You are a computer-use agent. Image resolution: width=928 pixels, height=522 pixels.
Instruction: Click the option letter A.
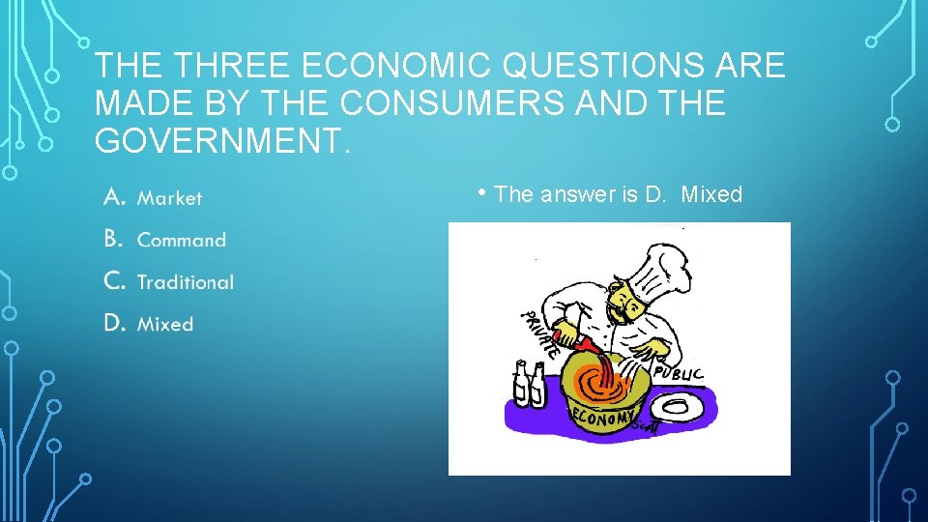coord(113,197)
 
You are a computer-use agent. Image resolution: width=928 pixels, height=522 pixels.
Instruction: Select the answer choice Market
coord(169,198)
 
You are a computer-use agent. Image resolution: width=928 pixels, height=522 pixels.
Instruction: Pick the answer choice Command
coord(181,240)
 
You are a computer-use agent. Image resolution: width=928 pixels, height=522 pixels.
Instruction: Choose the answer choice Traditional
coord(185,282)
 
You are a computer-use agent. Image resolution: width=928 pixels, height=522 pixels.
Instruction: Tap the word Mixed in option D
coord(165,325)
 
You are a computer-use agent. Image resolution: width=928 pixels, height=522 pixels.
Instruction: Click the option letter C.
coord(113,281)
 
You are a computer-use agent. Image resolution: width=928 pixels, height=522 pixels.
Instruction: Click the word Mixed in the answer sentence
coord(711,194)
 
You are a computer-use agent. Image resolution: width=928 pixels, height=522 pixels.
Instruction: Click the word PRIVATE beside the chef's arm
coord(539,334)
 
